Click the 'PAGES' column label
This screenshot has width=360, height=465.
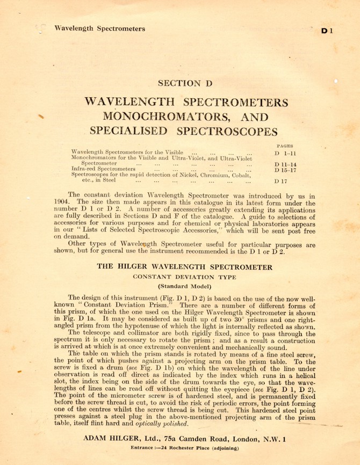tap(284, 145)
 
